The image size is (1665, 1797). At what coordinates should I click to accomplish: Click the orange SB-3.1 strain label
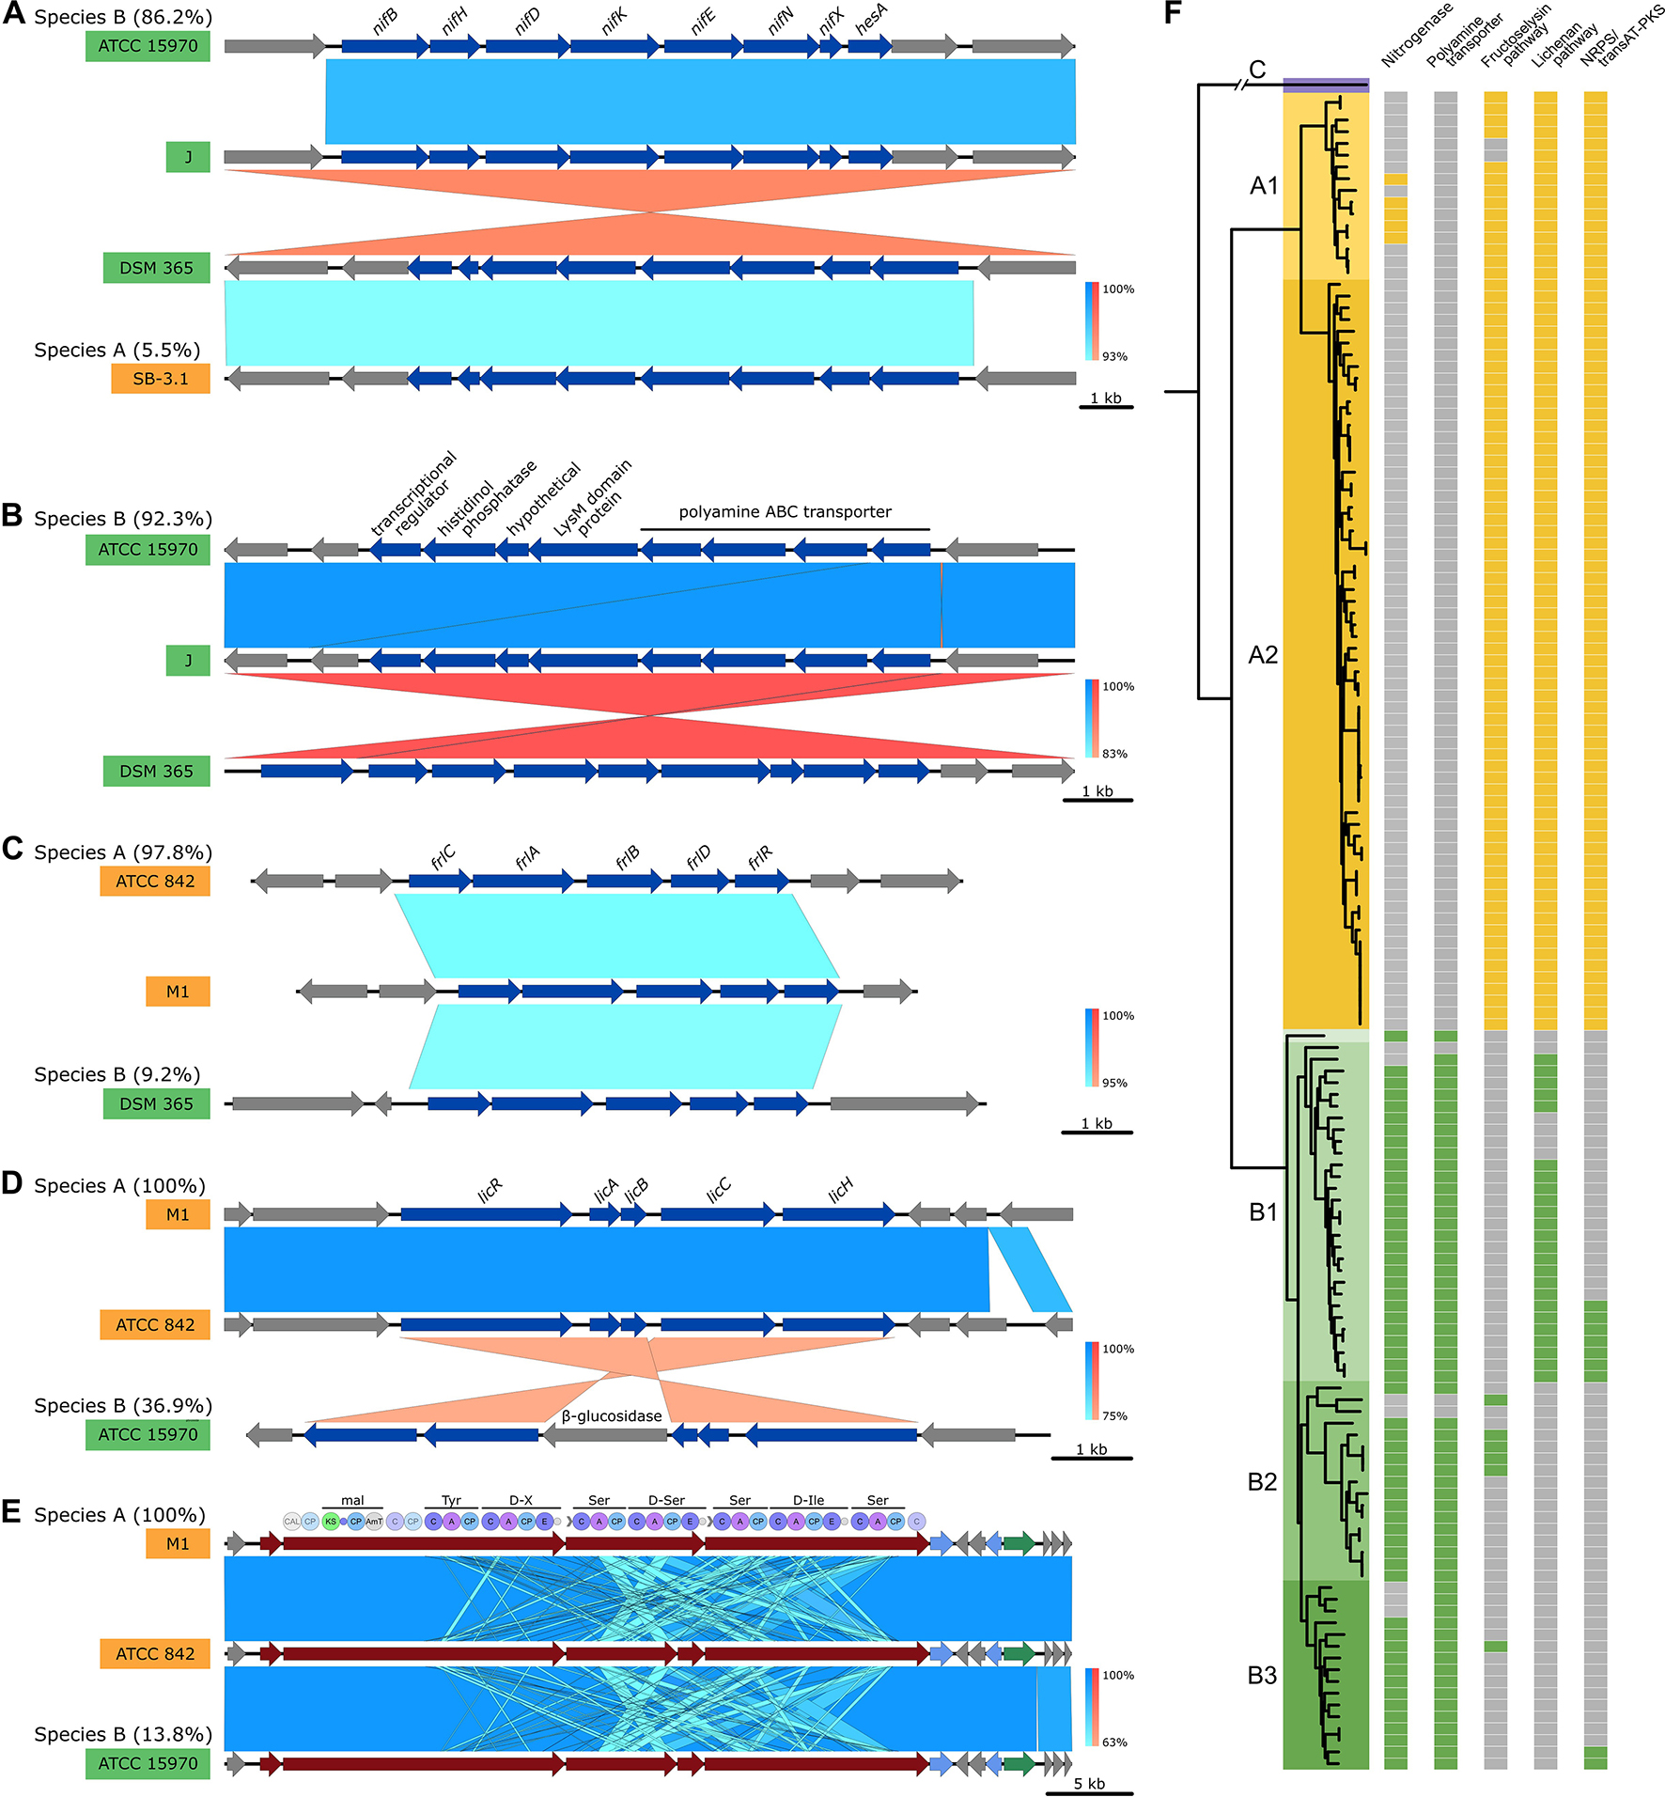[x=160, y=379]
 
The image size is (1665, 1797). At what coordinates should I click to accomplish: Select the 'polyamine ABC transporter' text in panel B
[x=785, y=512]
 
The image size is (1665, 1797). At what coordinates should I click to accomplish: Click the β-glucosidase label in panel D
[x=612, y=1415]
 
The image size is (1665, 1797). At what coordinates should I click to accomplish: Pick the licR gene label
[x=490, y=1191]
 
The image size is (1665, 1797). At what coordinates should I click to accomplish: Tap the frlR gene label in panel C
[x=759, y=856]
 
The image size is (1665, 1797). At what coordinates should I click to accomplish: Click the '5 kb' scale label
[x=1089, y=1783]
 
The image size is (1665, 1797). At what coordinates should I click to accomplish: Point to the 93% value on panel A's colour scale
[x=1114, y=356]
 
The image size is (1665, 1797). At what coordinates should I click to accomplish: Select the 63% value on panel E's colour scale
[x=1114, y=1742]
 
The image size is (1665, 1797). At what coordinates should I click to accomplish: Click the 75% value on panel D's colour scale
[x=1114, y=1415]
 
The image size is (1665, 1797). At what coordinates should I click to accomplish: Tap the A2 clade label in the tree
[x=1263, y=655]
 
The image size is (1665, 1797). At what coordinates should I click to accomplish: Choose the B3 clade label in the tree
[x=1262, y=1675]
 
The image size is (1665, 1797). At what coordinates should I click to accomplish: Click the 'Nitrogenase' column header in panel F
[x=1416, y=36]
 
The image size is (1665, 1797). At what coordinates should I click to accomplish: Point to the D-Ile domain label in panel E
[x=808, y=1500]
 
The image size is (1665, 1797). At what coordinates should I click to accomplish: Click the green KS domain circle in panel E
[x=330, y=1521]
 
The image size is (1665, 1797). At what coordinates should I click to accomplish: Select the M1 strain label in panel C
[x=178, y=992]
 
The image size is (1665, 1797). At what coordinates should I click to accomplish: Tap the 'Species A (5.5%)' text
[x=117, y=350]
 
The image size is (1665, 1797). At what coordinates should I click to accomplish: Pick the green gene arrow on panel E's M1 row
[x=1019, y=1542]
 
